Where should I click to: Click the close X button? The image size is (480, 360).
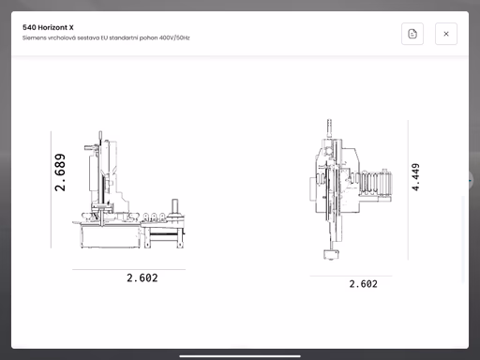[446, 34]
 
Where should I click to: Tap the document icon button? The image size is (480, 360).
[412, 34]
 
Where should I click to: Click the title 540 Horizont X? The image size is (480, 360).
[48, 27]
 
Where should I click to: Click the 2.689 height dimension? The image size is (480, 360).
[60, 172]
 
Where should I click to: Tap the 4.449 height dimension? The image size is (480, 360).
[415, 177]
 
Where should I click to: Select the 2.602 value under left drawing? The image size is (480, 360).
[142, 277]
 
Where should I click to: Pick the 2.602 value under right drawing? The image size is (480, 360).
[363, 284]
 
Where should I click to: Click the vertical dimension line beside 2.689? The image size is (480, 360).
[51, 189]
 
